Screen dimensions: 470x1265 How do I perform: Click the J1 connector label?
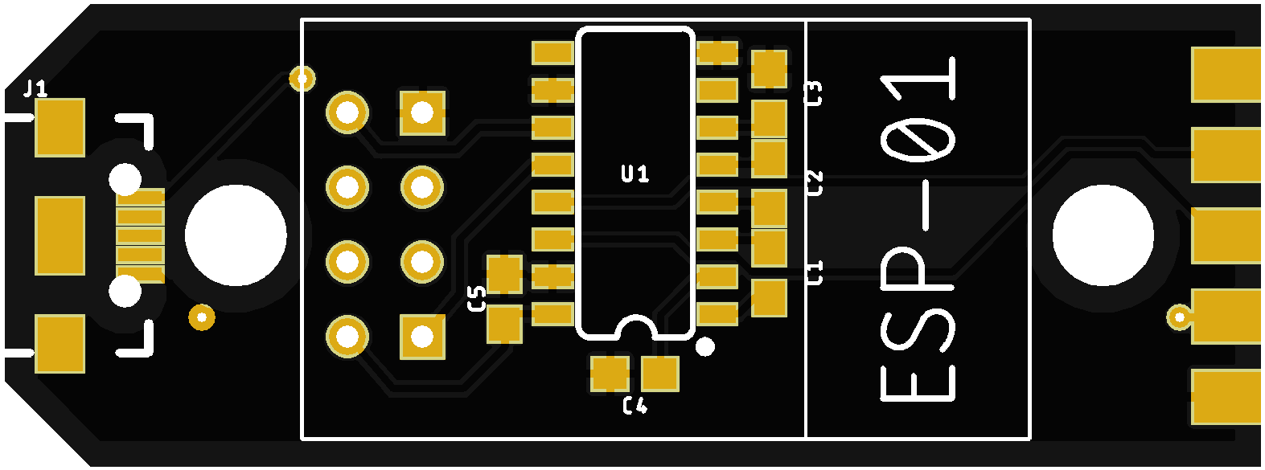[x=35, y=88]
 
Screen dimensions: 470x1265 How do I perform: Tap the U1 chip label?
[x=635, y=174]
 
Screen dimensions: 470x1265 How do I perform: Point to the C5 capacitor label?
[x=477, y=298]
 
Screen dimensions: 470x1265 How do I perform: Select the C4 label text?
[x=635, y=406]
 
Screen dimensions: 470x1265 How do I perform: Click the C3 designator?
[x=814, y=94]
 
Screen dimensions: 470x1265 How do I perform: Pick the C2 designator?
[x=815, y=183]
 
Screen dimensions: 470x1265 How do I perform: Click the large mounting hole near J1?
[x=236, y=235]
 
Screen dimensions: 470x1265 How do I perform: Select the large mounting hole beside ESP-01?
[x=1103, y=235]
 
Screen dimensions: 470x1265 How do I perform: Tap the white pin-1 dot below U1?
[x=704, y=346]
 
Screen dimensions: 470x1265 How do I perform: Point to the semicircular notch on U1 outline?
[x=635, y=325]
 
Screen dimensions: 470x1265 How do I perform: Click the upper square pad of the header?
[x=422, y=112]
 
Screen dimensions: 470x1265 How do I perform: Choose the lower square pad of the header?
[x=422, y=336]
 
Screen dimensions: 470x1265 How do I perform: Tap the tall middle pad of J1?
[x=60, y=235]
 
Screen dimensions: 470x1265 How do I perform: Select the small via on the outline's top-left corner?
[x=302, y=79]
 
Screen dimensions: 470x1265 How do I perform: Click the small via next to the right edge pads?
[x=1179, y=317]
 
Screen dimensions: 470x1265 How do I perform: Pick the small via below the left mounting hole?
[x=201, y=317]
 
